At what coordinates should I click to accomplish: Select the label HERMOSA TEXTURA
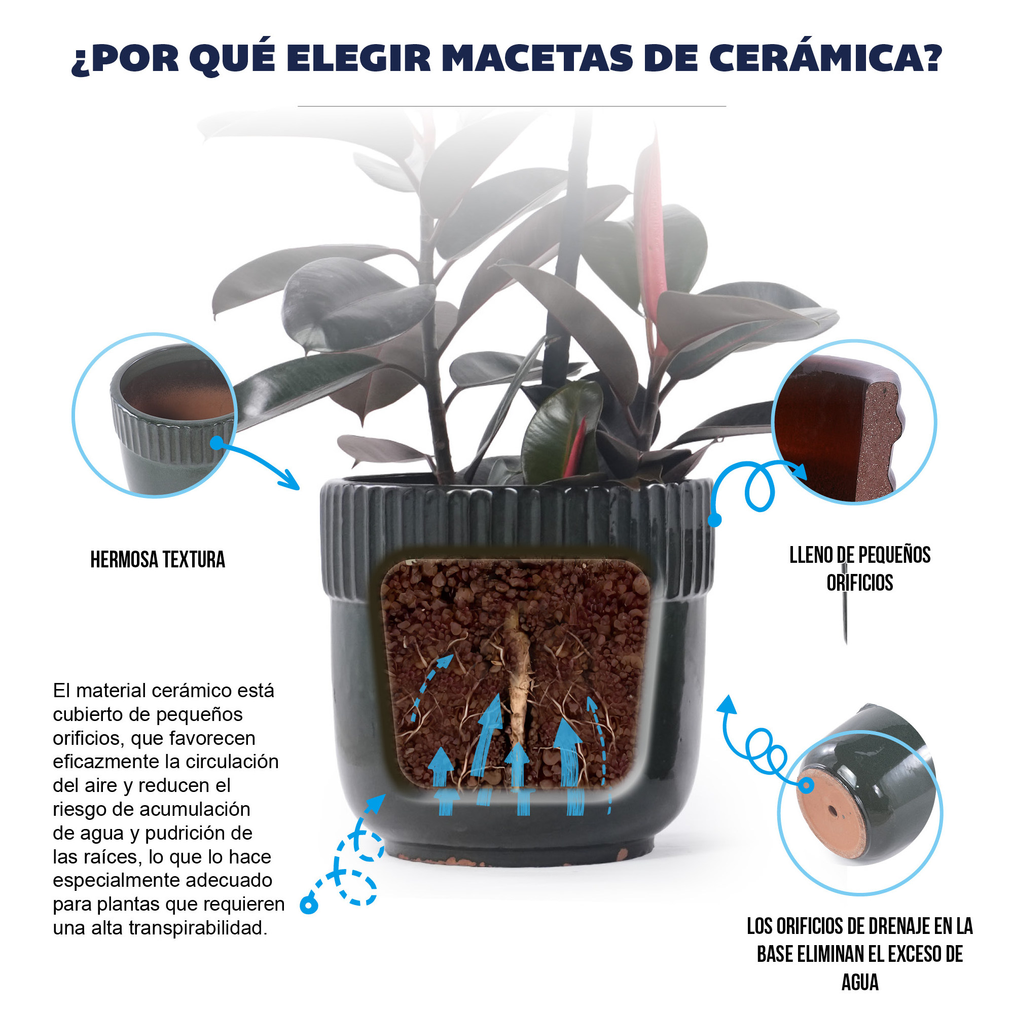point(158,559)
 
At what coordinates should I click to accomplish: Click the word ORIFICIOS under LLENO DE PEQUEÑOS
point(859,583)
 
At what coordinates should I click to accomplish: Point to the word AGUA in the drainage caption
point(859,982)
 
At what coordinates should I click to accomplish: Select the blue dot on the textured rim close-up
point(217,443)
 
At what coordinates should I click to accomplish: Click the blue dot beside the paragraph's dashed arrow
point(309,905)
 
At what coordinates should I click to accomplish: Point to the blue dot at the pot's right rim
point(714,520)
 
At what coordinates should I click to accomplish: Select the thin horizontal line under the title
point(512,106)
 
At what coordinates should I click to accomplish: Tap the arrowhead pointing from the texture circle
point(290,481)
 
